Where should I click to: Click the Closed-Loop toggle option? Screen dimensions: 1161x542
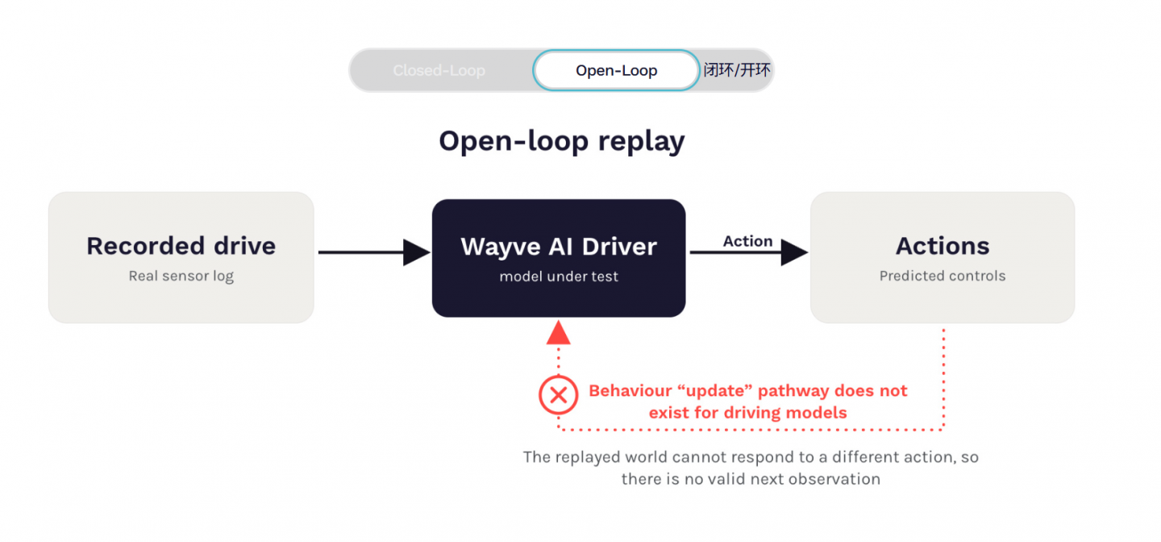pos(439,70)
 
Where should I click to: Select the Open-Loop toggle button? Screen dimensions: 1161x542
pos(616,70)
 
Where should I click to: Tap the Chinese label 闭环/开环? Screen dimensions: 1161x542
pos(737,69)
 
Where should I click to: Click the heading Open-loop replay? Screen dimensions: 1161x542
pos(562,141)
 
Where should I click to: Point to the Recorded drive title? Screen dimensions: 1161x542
pos(181,246)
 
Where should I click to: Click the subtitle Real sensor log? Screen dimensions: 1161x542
pos(181,276)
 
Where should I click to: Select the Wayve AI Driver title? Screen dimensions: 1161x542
pos(559,246)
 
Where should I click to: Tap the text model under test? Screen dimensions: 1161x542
pos(559,277)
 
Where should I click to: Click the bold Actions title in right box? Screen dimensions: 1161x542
pos(943,246)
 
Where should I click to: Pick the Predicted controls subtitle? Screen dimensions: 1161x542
pos(943,276)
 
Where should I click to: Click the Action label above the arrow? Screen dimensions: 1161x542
pos(747,241)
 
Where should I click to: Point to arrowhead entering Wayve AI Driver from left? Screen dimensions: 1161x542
pos(417,252)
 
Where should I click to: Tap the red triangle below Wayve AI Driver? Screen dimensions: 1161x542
pos(558,332)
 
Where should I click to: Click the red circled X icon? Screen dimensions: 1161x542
pos(558,395)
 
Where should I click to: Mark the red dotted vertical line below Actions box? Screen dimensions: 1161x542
pos(943,379)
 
